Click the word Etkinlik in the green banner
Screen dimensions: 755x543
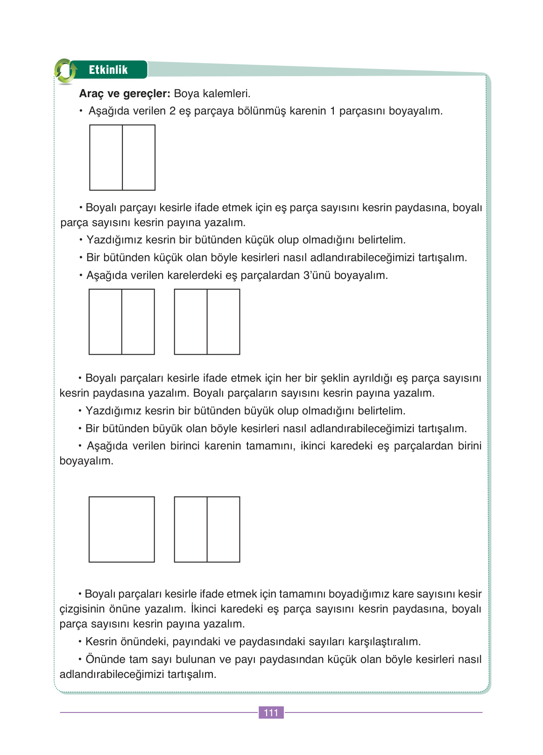coord(108,70)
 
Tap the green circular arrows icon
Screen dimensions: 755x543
coord(65,71)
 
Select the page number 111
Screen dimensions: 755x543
coord(271,712)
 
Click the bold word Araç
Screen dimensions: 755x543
coord(92,93)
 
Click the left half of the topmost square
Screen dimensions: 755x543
coord(106,157)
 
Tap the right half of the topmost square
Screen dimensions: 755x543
coord(139,157)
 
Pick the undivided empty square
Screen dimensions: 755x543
coord(121,529)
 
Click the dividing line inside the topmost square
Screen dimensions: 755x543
coord(122,157)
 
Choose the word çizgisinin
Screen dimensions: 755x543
coord(82,609)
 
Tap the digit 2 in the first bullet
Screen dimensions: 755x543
coord(172,111)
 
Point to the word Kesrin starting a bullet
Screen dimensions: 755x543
coord(101,641)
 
